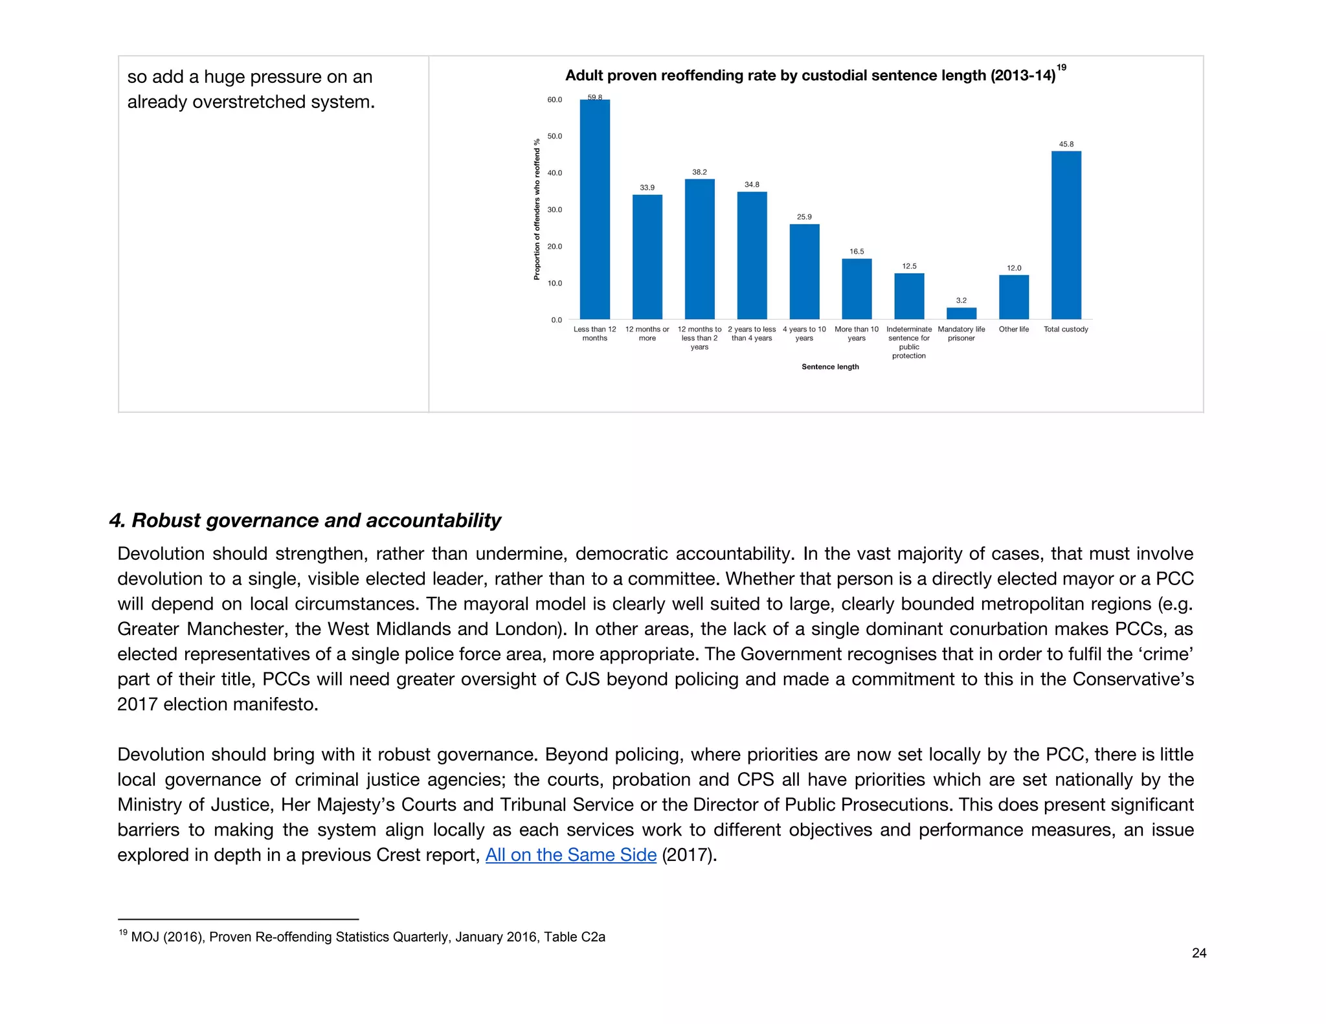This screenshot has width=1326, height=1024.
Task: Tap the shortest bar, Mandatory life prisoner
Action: pyautogui.click(x=961, y=313)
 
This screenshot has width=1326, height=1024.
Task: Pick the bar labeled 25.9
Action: pyautogui.click(x=804, y=271)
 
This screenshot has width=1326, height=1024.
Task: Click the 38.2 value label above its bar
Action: pyautogui.click(x=699, y=172)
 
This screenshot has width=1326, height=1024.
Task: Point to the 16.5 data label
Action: pyautogui.click(x=857, y=251)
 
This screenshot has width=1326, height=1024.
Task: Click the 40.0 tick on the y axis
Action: pyautogui.click(x=555, y=173)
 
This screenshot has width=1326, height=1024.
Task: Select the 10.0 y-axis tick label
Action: pyautogui.click(x=555, y=283)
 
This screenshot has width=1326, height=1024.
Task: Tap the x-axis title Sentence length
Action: pyautogui.click(x=830, y=366)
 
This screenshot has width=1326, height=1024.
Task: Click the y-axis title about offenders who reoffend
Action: pyautogui.click(x=537, y=209)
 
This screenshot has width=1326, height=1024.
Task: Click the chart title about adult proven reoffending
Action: pyautogui.click(x=809, y=76)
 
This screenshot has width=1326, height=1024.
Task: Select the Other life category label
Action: pyautogui.click(x=1013, y=329)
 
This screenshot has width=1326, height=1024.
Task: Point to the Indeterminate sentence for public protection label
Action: pyautogui.click(x=908, y=342)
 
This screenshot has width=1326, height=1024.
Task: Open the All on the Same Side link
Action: pyautogui.click(x=570, y=854)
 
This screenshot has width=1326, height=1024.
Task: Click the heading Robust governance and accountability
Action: pyautogui.click(x=306, y=520)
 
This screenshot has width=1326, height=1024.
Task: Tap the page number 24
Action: pyautogui.click(x=1198, y=952)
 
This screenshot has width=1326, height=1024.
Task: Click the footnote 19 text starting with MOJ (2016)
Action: pyautogui.click(x=367, y=937)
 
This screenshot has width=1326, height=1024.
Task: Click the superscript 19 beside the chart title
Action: pyautogui.click(x=1061, y=67)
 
